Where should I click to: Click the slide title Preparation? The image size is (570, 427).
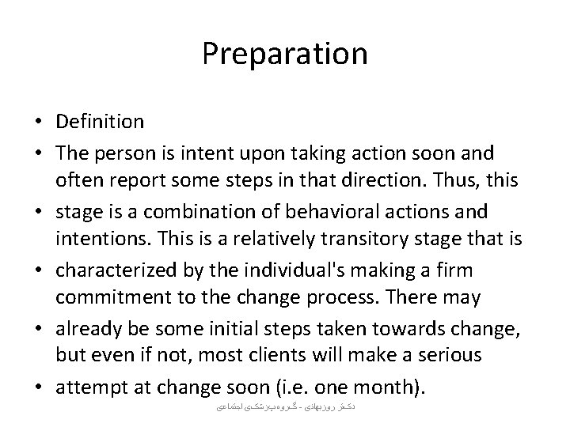284,54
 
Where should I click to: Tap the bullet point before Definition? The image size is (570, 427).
40,123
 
